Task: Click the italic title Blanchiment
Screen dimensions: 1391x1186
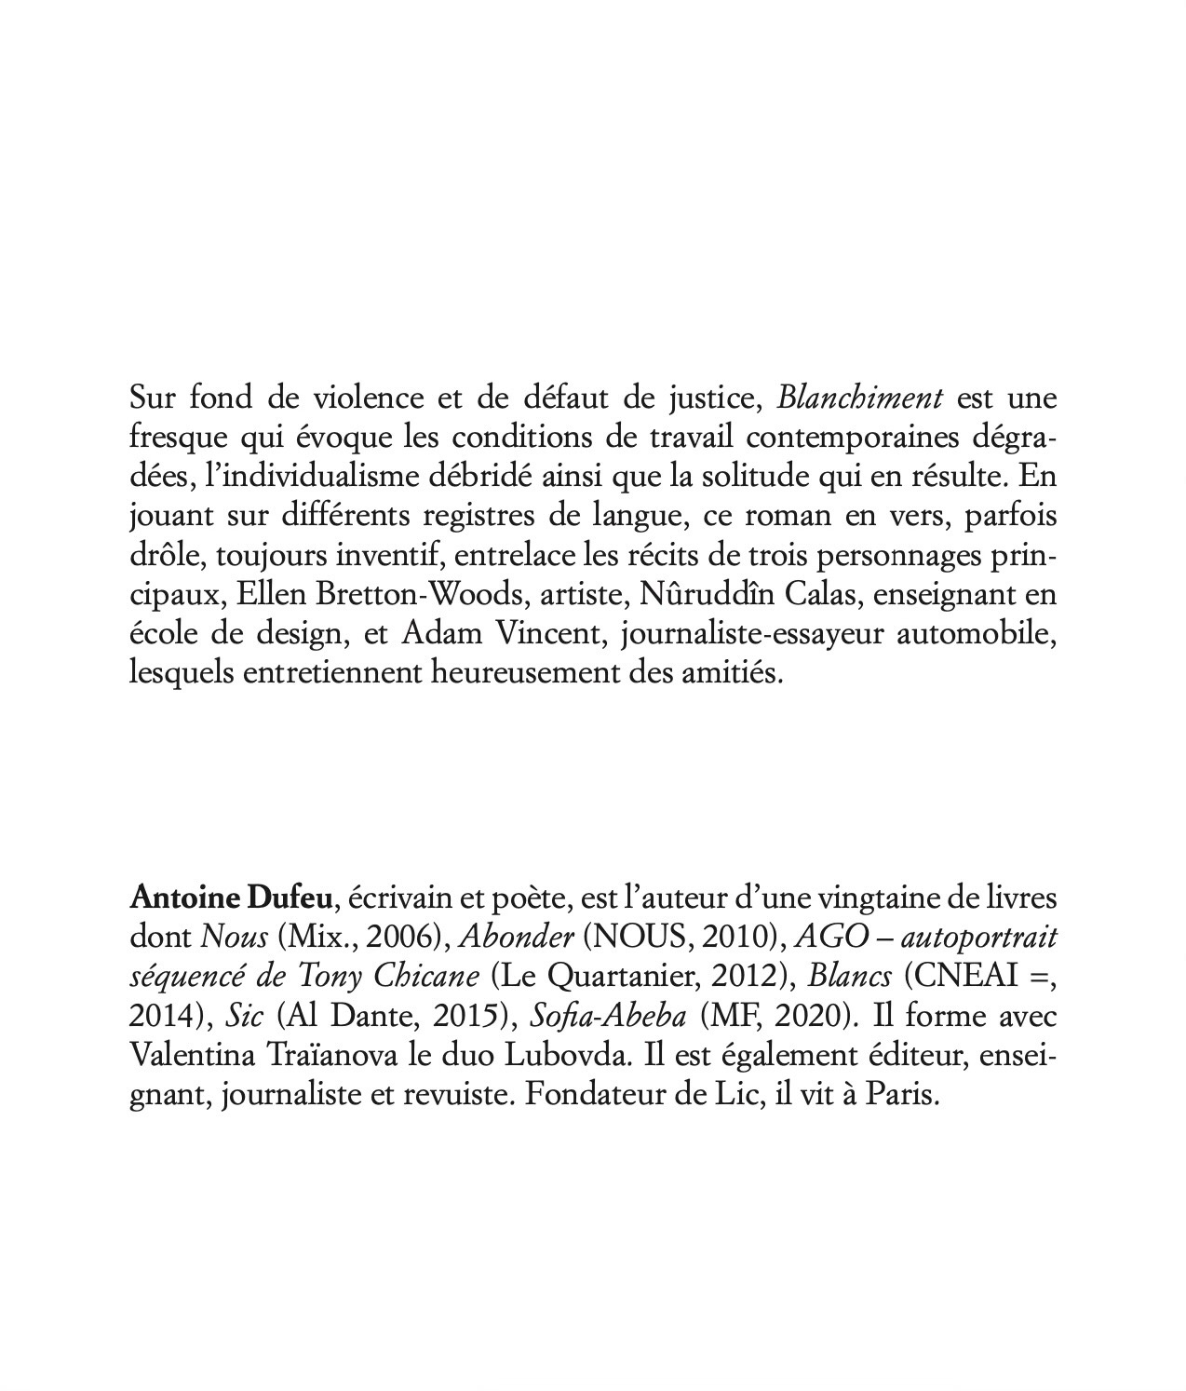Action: point(860,398)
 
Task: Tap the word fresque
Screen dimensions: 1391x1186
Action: point(170,438)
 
